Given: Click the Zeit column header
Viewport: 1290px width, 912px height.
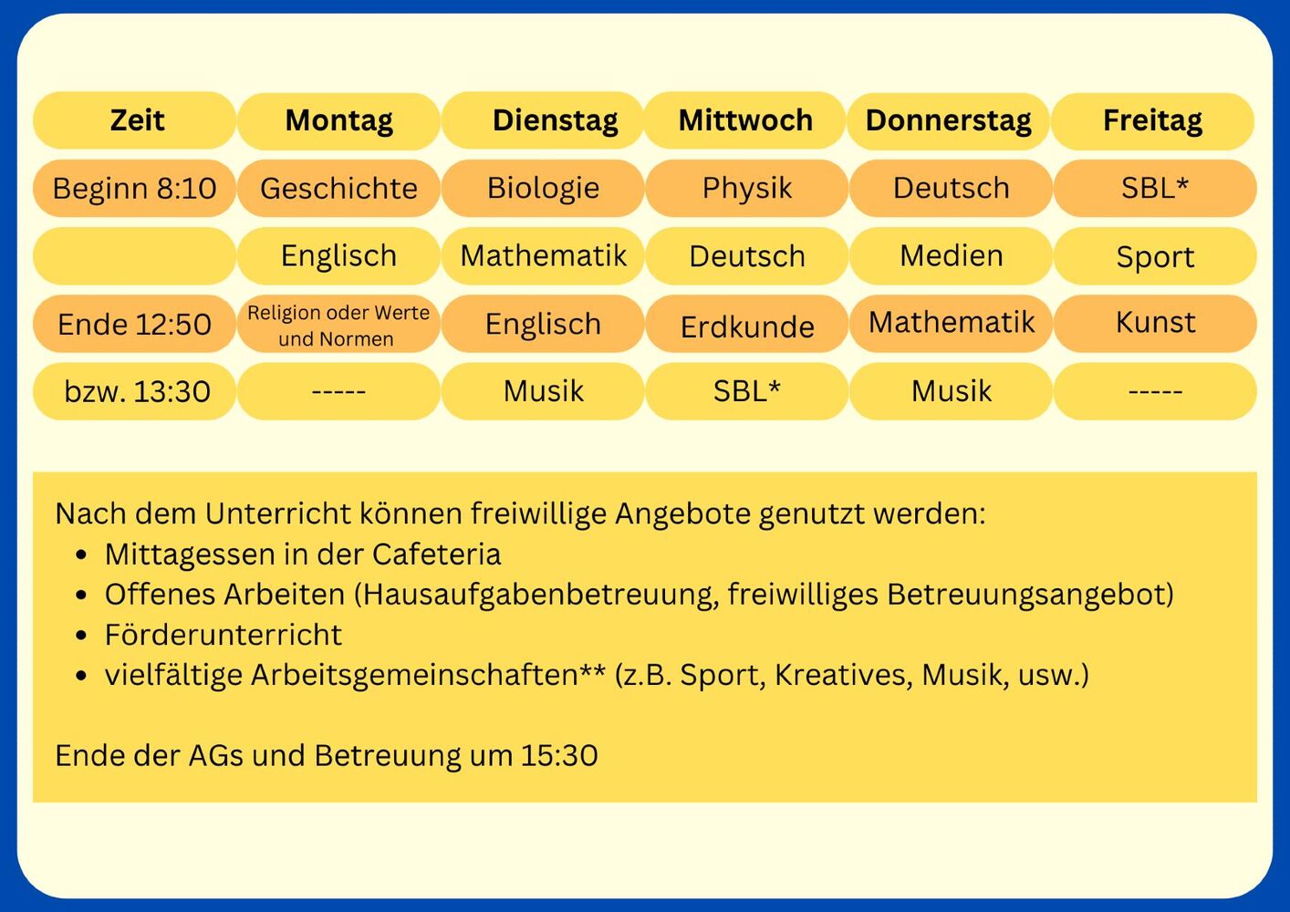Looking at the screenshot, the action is (134, 121).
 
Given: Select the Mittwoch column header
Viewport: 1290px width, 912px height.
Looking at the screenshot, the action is (745, 121).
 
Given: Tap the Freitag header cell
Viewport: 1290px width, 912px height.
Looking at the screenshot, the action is (1153, 121).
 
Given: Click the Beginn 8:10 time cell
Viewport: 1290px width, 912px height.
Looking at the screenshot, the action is (134, 188).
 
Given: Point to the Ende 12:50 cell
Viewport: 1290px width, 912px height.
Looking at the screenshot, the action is (134, 324).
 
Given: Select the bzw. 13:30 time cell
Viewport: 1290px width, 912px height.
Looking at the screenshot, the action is (134, 391).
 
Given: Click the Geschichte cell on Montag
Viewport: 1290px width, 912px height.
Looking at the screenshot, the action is (338, 188).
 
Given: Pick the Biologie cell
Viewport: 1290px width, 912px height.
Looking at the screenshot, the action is (543, 188).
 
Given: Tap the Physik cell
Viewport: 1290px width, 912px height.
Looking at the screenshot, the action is (747, 188).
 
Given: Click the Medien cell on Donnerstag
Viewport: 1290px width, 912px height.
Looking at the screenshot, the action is (952, 256).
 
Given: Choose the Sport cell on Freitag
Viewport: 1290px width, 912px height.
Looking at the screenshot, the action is (1155, 256).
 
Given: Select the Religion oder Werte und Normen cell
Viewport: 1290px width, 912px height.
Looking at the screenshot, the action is (338, 324).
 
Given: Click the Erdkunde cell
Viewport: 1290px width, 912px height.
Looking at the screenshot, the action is (747, 324).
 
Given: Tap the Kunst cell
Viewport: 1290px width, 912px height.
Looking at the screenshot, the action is (1155, 324).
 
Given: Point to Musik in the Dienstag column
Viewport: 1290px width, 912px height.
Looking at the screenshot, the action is (543, 391).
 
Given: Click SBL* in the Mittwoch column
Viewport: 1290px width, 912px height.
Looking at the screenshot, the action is (747, 391).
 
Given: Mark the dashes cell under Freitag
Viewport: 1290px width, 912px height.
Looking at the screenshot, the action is (1155, 391).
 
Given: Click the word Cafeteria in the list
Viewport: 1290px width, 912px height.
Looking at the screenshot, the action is (436, 554).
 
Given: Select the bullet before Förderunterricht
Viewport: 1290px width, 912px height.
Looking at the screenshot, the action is (81, 636).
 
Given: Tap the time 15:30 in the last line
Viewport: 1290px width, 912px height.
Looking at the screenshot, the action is (559, 756).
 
